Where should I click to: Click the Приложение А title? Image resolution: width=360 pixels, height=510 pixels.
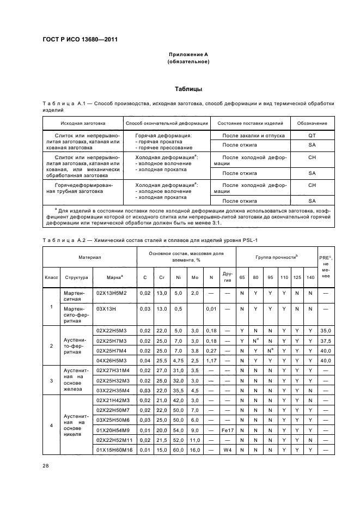[x=188, y=54]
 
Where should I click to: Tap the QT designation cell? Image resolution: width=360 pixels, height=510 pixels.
[x=312, y=136]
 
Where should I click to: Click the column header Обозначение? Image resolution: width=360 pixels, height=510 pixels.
[x=312, y=123]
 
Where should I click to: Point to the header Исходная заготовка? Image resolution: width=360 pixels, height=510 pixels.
[x=83, y=123]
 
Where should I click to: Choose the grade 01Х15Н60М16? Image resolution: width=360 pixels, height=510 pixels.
[x=114, y=450]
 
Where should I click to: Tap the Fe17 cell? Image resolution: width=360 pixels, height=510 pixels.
[x=228, y=430]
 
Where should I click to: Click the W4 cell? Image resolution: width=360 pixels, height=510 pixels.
[x=228, y=450]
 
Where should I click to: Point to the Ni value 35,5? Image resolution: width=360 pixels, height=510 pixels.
[x=178, y=390]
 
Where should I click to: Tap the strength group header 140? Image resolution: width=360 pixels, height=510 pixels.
[x=310, y=277]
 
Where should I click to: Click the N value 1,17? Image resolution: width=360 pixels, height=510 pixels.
[x=211, y=360]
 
